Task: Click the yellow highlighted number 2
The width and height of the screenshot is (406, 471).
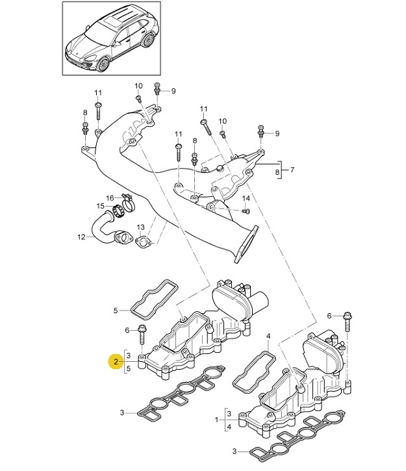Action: [x=115, y=361]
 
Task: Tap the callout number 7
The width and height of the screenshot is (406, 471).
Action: [x=292, y=171]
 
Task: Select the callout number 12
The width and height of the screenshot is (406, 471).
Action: [x=81, y=237]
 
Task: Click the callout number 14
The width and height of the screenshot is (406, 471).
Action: [x=246, y=198]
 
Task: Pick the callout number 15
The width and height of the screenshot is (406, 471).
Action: [x=101, y=206]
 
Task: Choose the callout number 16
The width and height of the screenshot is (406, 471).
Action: [x=110, y=197]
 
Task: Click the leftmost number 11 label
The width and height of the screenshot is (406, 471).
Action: [x=98, y=93]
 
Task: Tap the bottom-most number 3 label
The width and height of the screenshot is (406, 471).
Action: [x=235, y=450]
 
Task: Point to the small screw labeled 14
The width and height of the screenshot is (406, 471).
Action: [x=244, y=210]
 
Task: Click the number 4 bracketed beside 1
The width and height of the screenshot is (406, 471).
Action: [x=229, y=427]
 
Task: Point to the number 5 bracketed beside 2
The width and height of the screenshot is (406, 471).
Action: [x=129, y=368]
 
